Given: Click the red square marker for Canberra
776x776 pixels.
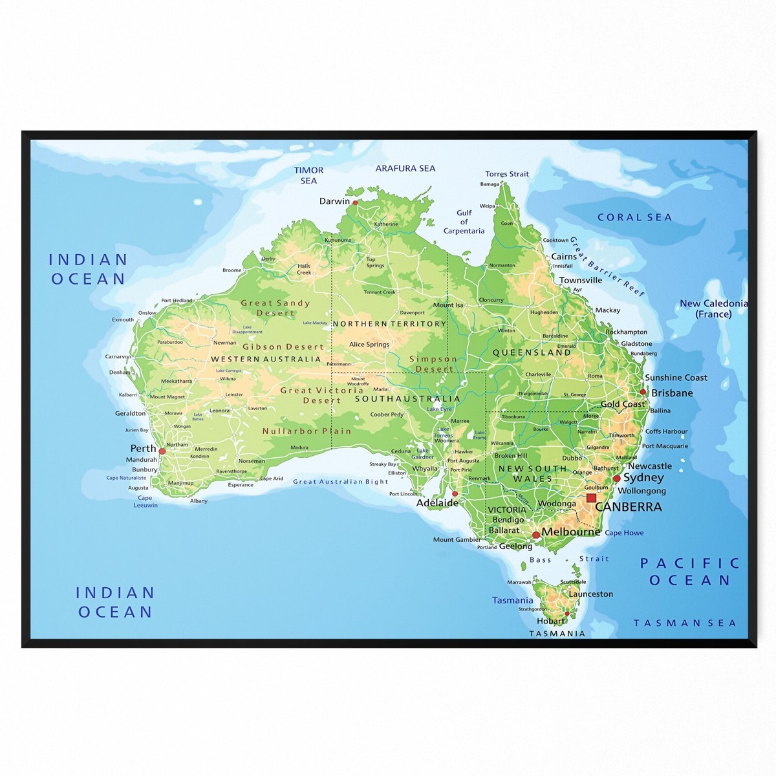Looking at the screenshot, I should coord(590,498).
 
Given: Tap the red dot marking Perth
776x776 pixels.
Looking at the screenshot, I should coord(162,451).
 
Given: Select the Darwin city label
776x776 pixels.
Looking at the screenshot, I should coord(334,201).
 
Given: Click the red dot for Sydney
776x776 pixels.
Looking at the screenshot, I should coord(617,479).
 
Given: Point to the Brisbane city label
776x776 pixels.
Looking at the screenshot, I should coord(672,393).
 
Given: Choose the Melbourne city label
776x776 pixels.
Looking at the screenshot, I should coord(570,532).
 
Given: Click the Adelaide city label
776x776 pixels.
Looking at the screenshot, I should coord(437,502).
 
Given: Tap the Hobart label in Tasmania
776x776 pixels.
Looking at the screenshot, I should coord(551,621).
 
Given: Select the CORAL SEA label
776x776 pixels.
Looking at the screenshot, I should coord(634,217).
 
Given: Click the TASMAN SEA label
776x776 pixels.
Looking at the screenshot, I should coord(685,623).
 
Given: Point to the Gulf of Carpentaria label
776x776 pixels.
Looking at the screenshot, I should coord(464,222).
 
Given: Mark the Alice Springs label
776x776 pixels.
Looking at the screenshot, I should coord(369,345).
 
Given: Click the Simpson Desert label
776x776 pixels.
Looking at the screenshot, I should coord(433,364).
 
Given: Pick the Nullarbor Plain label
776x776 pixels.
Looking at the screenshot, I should coord(307,431).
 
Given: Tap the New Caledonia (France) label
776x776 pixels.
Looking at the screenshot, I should coord(713,308).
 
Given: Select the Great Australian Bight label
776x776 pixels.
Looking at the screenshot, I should coord(341,482).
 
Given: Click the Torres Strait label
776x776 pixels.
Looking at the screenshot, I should coord(507,174).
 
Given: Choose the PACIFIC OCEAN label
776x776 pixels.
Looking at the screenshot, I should coord(690,572).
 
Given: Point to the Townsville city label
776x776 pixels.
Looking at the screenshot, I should coord(581,280).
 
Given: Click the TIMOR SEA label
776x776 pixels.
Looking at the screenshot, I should coord(308,175).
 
